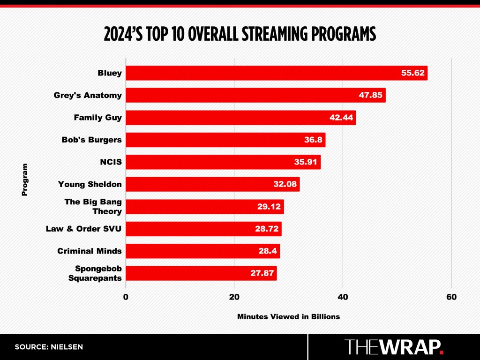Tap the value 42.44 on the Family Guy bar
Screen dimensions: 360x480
click(341, 118)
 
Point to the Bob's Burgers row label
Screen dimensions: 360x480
click(92, 140)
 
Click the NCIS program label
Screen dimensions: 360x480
click(111, 162)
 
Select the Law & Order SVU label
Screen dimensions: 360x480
click(84, 229)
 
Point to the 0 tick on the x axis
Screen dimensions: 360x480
click(126, 297)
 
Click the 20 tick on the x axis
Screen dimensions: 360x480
click(234, 297)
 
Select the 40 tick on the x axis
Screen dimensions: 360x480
click(343, 297)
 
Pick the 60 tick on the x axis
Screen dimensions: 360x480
click(451, 297)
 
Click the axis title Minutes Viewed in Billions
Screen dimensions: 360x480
click(288, 316)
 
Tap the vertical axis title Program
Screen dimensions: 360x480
click(24, 180)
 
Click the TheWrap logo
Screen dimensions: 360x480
click(394, 347)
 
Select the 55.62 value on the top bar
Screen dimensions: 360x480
click(412, 73)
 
